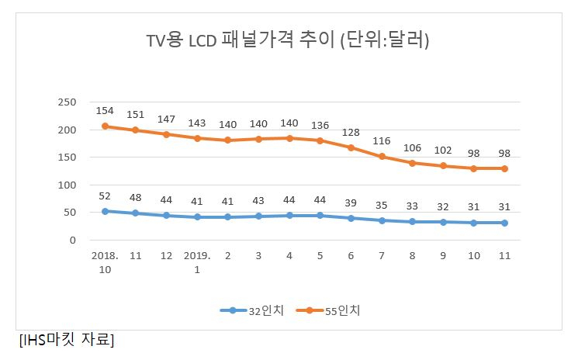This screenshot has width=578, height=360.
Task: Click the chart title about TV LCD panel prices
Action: (x=288, y=39)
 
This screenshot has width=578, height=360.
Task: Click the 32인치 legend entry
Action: (x=252, y=310)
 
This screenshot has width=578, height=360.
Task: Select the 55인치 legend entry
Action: (x=328, y=310)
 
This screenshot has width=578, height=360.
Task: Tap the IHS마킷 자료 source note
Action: (x=67, y=339)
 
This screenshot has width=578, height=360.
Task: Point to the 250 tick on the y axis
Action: (x=67, y=102)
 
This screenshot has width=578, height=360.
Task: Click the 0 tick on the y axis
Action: (x=73, y=241)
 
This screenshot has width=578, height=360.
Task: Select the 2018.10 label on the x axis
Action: (x=105, y=262)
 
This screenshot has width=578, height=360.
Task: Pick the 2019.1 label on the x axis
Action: (x=197, y=262)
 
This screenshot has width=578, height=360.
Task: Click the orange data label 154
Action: (x=105, y=110)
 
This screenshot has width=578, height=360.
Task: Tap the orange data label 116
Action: (x=382, y=140)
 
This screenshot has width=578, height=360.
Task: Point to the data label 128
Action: (x=351, y=132)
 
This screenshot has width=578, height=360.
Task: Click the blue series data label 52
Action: (x=105, y=196)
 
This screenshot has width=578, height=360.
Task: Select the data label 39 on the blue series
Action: (x=351, y=202)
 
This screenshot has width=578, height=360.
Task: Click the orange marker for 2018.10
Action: (x=105, y=126)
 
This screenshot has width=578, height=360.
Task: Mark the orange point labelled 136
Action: (x=320, y=140)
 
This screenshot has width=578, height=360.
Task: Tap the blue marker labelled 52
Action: (x=105, y=212)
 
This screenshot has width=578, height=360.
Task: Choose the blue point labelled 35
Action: (x=382, y=220)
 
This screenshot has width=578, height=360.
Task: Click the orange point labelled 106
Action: (x=413, y=163)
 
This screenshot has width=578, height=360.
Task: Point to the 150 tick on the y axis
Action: (x=67, y=157)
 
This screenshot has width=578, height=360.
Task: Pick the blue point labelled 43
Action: (x=259, y=216)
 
